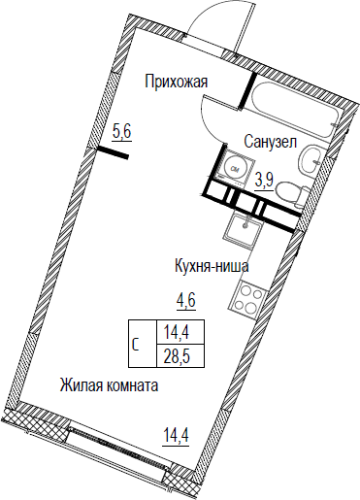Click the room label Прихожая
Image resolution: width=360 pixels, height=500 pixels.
click(176, 82)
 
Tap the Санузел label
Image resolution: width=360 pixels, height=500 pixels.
click(270, 142)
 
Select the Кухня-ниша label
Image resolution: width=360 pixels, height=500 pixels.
click(212, 267)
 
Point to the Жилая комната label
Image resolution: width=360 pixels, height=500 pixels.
click(109, 385)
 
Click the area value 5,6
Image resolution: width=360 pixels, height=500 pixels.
click(121, 132)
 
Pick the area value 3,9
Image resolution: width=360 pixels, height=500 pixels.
click(264, 182)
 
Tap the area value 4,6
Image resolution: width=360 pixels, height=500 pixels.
click(186, 301)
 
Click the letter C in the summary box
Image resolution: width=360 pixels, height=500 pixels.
click(136, 345)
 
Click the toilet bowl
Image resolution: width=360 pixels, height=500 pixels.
click(291, 195)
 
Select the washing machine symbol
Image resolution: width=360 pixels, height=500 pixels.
click(234, 169)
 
